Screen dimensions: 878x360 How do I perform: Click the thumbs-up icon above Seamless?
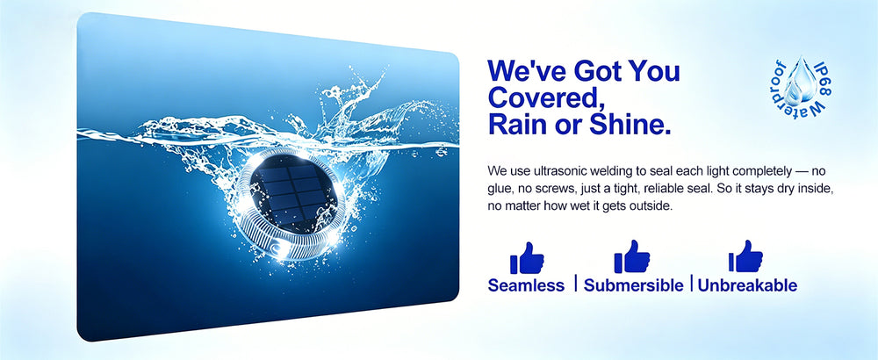[526, 258]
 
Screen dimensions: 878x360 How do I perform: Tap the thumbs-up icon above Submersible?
[631, 256]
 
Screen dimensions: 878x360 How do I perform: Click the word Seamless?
[526, 285]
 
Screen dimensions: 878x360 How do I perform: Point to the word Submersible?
[633, 285]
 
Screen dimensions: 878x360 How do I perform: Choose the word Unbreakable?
[747, 285]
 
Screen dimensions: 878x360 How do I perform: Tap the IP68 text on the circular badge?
[823, 77]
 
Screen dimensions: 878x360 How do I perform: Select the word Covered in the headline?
[540, 98]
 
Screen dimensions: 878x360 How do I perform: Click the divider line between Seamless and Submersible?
[575, 283]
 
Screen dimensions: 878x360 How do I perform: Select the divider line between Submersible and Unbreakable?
[692, 283]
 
